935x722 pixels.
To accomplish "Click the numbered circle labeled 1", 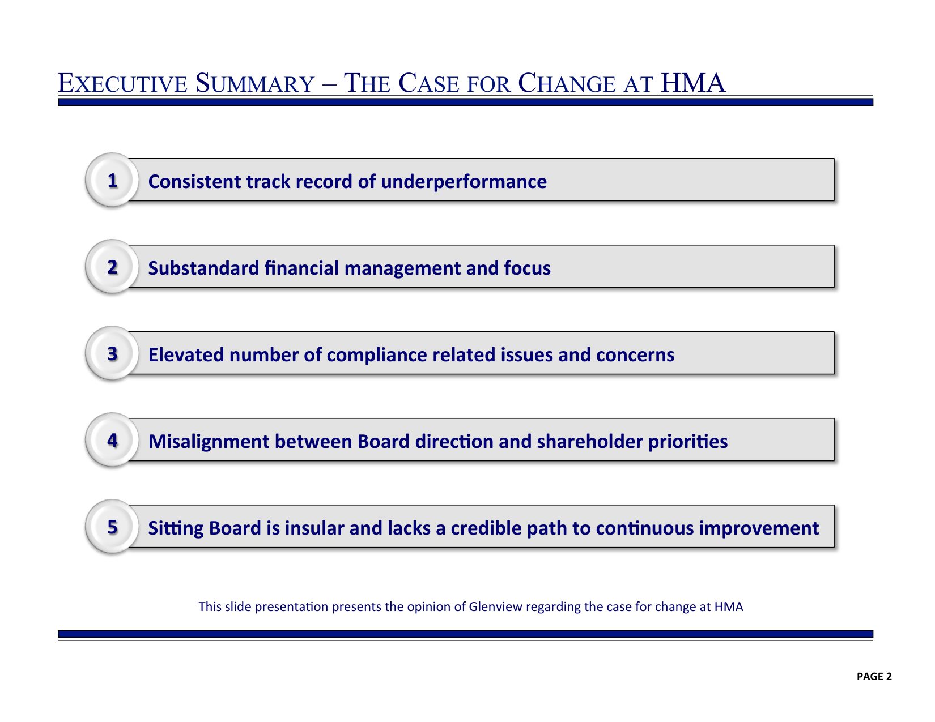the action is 112,180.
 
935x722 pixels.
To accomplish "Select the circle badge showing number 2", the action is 112,267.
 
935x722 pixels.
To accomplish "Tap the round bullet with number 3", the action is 112,353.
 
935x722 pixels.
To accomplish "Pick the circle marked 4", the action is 112,440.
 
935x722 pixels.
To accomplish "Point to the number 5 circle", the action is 112,526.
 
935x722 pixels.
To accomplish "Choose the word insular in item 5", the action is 314,528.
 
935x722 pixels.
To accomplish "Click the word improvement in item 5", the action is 759,529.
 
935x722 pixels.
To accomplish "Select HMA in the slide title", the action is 693,83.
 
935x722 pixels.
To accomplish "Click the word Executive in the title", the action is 122,83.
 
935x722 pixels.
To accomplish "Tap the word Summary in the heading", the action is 255,83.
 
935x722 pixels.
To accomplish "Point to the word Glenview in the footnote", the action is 495,606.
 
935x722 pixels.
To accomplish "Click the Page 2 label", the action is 874,677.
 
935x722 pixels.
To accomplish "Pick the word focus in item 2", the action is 527,268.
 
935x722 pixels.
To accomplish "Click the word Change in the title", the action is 567,83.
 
